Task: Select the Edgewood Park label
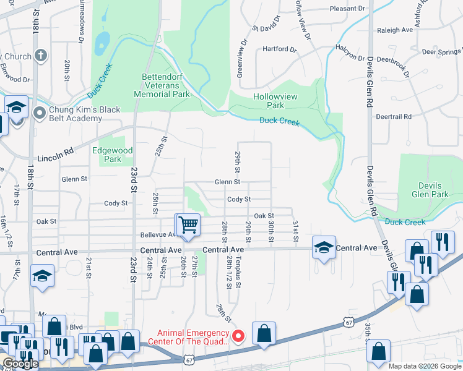click(x=112, y=155)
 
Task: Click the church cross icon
click(x=40, y=56)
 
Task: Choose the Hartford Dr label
click(x=276, y=49)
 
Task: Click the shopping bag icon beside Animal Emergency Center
click(x=264, y=333)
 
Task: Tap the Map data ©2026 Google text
click(x=425, y=366)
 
